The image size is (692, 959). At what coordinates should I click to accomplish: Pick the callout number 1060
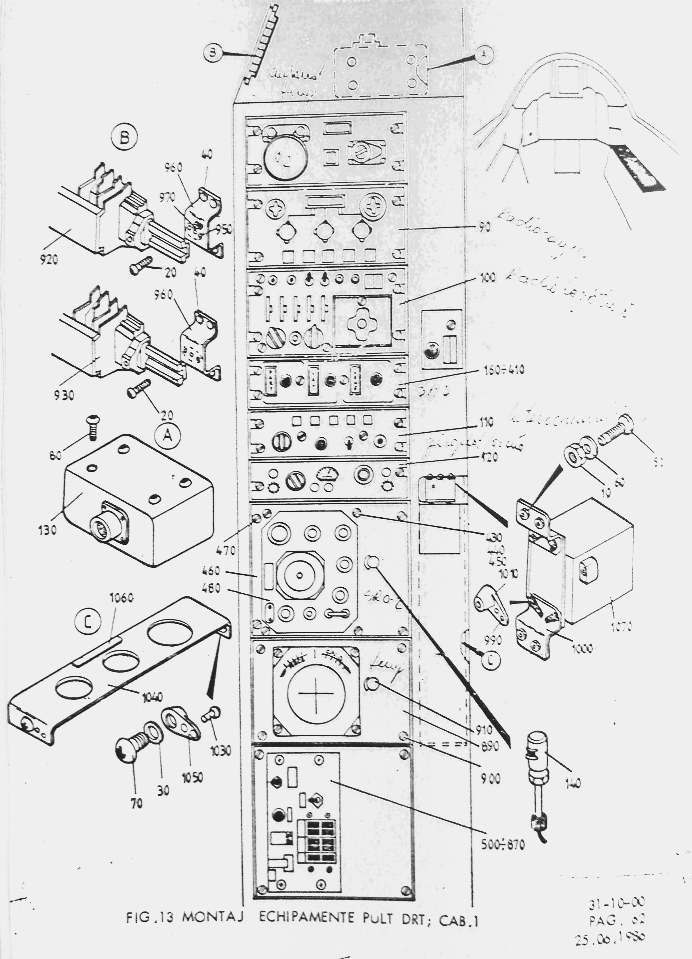coord(122,598)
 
